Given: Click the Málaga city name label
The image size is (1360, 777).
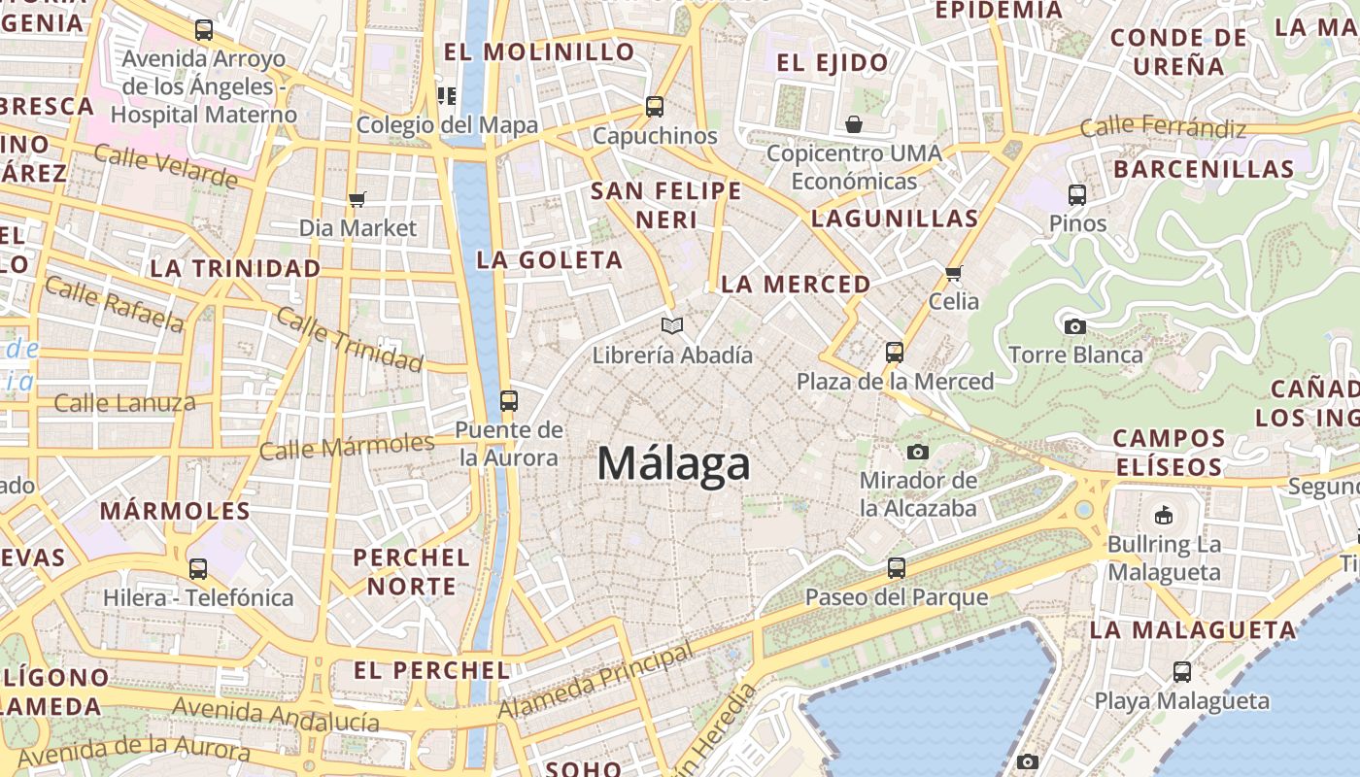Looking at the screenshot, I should [673, 463].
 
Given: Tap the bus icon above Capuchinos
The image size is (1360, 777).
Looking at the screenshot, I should [655, 106].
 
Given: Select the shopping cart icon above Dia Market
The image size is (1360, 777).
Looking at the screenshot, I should [357, 199].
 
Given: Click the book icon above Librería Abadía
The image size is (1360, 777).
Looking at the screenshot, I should [672, 325].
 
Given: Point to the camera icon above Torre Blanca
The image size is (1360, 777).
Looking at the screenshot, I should [1074, 326].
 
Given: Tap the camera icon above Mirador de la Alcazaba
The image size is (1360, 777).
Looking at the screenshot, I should [917, 452].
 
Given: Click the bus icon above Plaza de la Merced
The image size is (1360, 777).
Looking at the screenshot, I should [895, 352].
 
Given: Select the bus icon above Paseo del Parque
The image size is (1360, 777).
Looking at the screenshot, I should [896, 567].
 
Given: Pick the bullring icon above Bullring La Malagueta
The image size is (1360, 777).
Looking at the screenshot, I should [1163, 514].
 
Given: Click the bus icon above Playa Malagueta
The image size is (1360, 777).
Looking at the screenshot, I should [1181, 671].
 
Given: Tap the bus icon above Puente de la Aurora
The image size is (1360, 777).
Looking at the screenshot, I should [508, 400].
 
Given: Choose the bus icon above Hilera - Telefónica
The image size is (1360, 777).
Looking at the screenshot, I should [198, 568].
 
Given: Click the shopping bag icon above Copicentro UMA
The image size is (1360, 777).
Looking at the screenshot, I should [853, 124].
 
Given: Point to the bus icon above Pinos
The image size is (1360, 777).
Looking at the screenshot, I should [1076, 194].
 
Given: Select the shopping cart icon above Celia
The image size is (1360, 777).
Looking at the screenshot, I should [953, 273].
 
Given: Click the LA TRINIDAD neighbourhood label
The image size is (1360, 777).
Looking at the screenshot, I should [236, 268].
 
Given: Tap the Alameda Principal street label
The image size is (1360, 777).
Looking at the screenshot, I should [596, 682].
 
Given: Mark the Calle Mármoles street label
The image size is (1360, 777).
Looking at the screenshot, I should [347, 447].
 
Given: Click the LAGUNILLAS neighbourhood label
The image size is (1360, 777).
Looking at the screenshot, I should [894, 219].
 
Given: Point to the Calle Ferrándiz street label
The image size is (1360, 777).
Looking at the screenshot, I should [1163, 126].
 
